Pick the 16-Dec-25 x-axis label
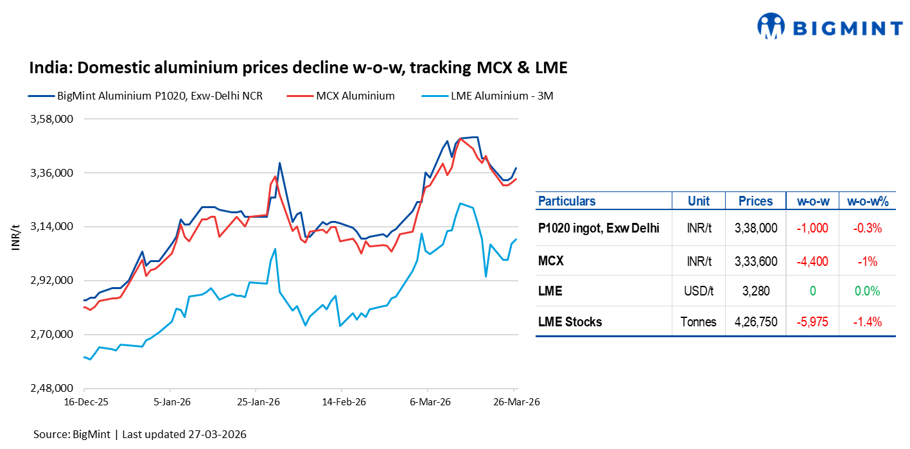(x=84, y=402)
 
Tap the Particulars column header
(x=566, y=201)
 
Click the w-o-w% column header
(x=867, y=201)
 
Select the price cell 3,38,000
(x=755, y=228)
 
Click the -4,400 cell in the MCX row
(x=812, y=261)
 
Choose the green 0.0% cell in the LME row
(x=867, y=291)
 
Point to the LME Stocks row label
(x=570, y=322)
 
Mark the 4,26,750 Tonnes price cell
(x=755, y=322)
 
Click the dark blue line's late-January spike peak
(x=279, y=163)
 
